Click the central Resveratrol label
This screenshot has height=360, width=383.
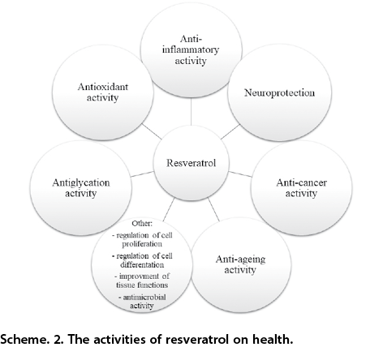point(191,163)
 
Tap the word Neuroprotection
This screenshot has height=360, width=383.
point(279,92)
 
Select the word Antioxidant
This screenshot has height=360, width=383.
point(103,87)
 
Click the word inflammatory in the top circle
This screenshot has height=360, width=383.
point(191,50)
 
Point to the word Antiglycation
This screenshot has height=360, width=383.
point(81,182)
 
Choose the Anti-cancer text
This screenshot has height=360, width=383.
point(301,182)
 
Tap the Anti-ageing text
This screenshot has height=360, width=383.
point(240,259)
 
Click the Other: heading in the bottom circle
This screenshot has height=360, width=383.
point(142,224)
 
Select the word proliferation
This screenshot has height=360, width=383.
point(142,244)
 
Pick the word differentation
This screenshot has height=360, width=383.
point(142,264)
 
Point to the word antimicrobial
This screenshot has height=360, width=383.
point(144,298)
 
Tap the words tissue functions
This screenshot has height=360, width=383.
point(142,285)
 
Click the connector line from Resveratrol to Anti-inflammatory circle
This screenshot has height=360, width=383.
point(191,111)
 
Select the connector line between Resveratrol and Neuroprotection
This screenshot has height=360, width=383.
point(230,131)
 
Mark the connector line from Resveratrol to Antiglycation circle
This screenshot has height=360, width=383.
point(142,174)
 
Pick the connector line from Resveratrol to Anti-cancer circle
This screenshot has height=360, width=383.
point(240,174)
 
